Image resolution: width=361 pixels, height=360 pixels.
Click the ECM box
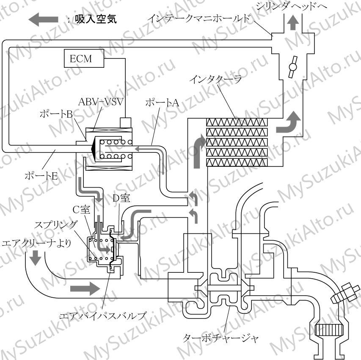pos(84,58)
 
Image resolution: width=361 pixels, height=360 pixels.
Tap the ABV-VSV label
pos(101,102)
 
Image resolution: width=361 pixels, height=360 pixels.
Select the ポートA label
pos(162,102)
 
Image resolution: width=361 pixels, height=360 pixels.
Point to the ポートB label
pos(56,114)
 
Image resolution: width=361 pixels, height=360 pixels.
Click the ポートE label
pos(41,176)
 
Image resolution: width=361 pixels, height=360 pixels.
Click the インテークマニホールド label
pos(200,18)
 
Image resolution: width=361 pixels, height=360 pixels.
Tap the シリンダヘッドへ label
pos(292,6)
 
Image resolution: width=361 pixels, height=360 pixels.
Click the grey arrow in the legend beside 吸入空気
pos(43,19)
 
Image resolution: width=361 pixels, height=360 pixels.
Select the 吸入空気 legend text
pos(96,19)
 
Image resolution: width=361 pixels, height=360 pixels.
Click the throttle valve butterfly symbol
pos(292,67)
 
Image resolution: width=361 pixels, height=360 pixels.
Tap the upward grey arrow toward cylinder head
pos(293,23)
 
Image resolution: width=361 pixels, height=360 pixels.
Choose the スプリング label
pos(55,224)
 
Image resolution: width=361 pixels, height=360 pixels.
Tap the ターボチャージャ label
pos(220,338)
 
